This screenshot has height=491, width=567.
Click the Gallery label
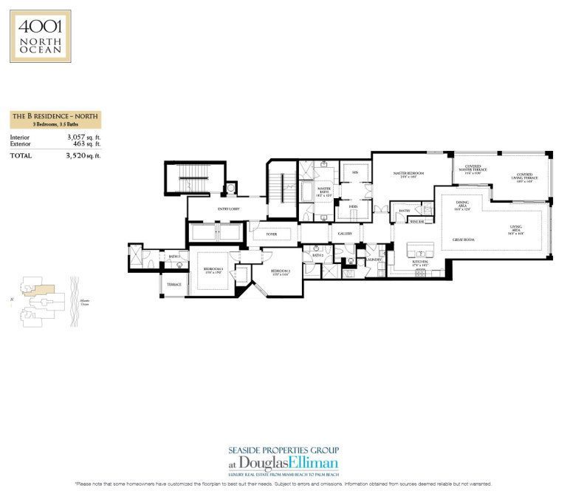(345, 234)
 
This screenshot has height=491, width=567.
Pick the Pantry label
(404, 211)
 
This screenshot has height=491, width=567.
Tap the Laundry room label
(373, 260)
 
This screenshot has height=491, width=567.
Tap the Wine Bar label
(416, 220)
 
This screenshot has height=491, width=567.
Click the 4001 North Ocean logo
(41, 35)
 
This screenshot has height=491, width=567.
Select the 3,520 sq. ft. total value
(83, 156)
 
